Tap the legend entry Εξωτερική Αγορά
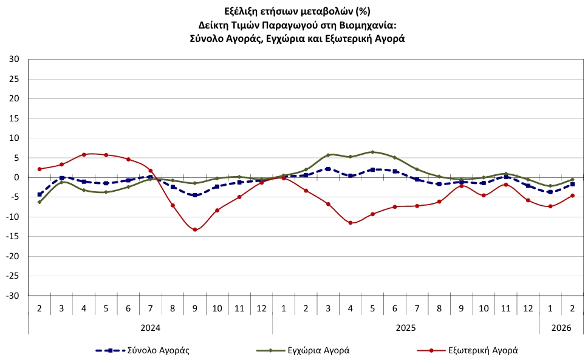click(482, 350)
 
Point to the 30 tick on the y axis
click(14, 59)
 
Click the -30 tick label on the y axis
click(13, 296)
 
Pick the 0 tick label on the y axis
click(17, 177)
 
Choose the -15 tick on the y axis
click(13, 237)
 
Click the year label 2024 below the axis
click(150, 328)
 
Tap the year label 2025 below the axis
click(406, 328)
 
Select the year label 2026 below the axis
click(561, 328)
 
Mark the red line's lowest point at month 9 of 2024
click(195, 229)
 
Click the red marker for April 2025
click(351, 223)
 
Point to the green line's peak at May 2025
click(372, 152)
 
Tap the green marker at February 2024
click(39, 202)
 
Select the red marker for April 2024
click(84, 154)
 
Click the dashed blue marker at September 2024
click(195, 195)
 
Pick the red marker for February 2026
click(572, 195)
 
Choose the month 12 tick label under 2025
click(528, 309)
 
